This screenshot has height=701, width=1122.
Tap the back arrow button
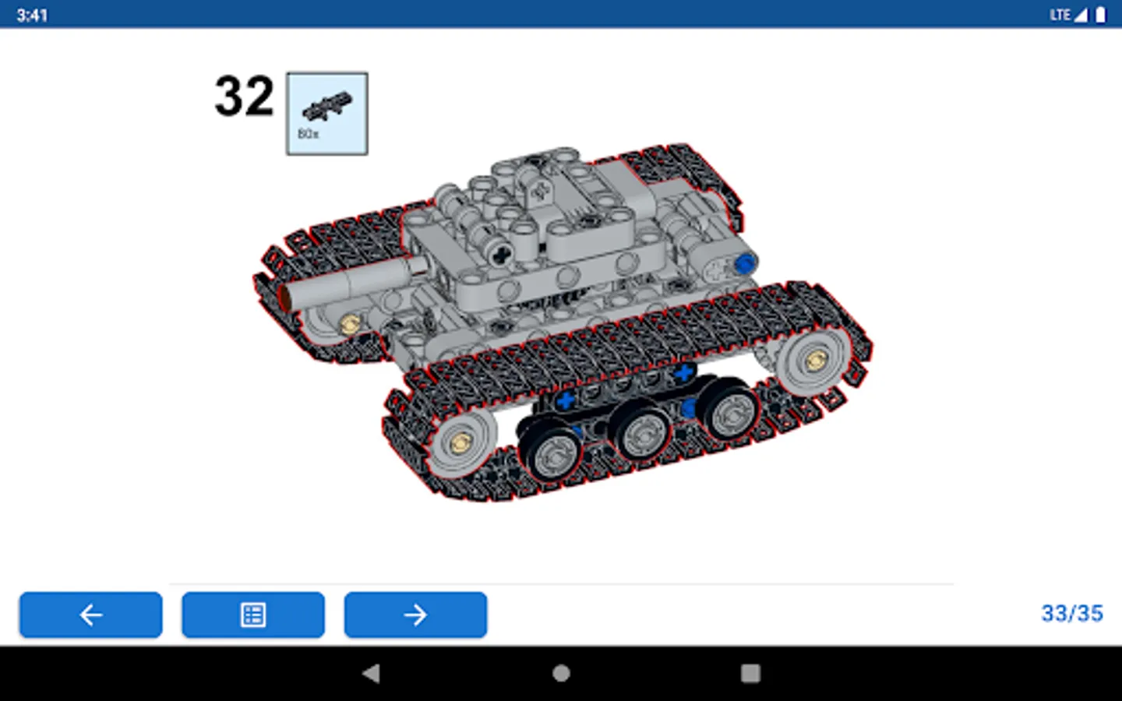(90, 615)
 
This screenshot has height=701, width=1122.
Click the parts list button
(253, 615)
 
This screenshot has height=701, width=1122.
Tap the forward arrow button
(415, 615)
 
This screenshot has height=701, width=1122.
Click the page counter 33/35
(1072, 614)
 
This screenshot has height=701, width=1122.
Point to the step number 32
(245, 96)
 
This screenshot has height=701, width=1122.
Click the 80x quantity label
(308, 134)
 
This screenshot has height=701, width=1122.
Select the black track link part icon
(327, 106)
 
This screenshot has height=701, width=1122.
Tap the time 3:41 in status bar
(32, 15)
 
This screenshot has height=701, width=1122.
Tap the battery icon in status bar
(1100, 15)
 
